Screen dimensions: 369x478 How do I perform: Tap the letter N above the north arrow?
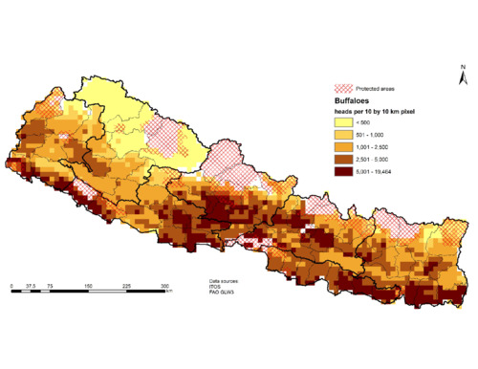[462, 66]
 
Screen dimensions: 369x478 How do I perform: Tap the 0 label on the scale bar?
[11, 285]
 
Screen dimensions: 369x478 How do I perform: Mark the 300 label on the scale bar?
[165, 285]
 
